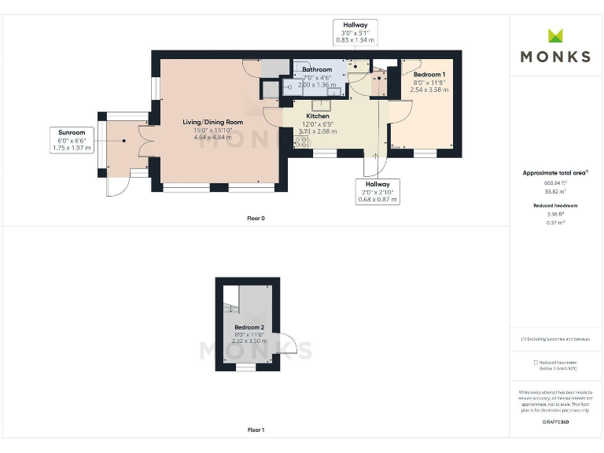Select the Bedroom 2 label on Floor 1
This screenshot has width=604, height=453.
point(249,326)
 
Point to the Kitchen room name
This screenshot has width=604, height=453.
point(318,116)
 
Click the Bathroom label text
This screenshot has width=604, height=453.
point(317,69)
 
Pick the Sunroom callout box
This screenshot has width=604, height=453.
point(72,139)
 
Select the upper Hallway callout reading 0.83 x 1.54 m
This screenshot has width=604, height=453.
point(355,32)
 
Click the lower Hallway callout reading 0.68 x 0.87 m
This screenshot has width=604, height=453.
point(377,191)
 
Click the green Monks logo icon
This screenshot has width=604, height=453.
point(555,36)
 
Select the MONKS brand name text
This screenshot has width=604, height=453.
point(555,57)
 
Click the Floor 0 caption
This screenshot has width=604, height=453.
point(256,218)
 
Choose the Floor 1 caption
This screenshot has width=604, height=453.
point(256,430)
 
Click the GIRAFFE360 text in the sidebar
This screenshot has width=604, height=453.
point(555,422)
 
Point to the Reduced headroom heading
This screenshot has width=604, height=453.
point(555,204)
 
